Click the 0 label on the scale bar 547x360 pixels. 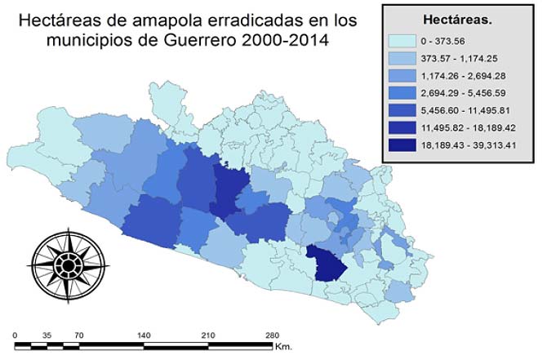point(16,335)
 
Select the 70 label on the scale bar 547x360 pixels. point(78,335)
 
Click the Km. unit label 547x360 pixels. point(284,347)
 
